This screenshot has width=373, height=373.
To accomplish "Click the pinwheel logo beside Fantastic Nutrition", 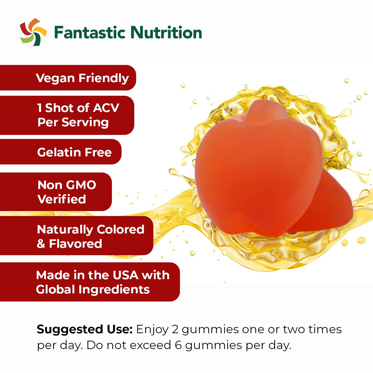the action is tap(33, 32).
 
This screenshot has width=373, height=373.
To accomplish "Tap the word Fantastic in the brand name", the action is tap(90, 32).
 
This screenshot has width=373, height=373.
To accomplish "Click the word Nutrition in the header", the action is tap(166, 32).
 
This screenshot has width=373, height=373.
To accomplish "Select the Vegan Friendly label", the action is tap(82, 78).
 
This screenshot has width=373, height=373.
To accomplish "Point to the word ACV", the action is tap(106, 108).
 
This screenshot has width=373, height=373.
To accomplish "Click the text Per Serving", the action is tap(73, 122).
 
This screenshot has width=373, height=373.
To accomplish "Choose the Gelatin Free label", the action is tap(74, 152).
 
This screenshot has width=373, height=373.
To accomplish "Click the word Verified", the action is tap(62, 199).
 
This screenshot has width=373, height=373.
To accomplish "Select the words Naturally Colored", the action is tap(90, 230).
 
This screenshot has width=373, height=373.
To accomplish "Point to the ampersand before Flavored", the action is tap(41, 244).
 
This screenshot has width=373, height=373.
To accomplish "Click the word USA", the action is tap(126, 275).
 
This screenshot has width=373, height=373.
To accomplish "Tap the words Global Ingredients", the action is tap(93, 290).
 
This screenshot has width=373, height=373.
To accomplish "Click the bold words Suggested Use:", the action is tap(85, 329).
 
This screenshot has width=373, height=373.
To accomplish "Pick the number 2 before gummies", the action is tap(175, 329).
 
